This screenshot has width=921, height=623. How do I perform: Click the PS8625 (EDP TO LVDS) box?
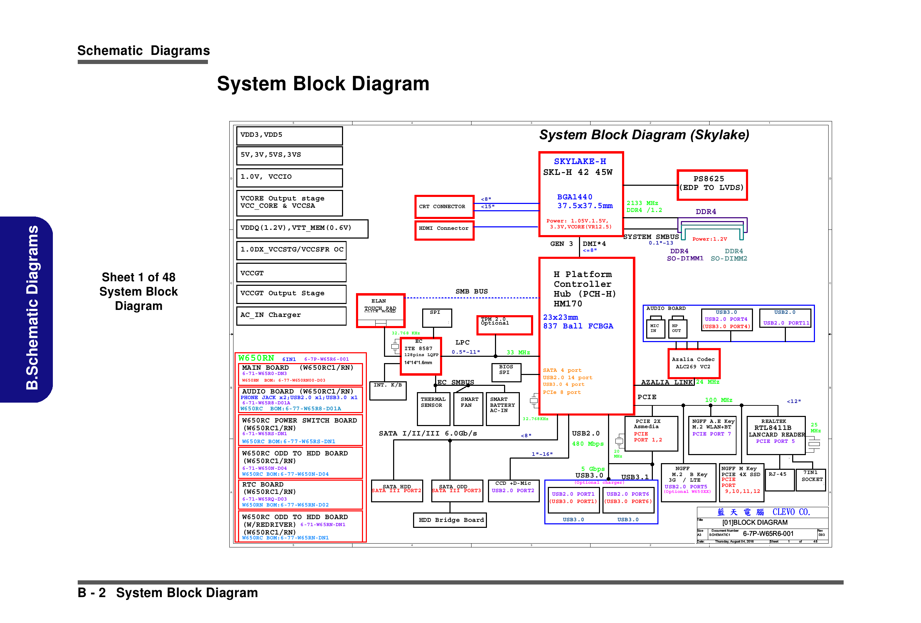point(712,185)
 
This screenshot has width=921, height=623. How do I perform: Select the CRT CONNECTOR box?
point(444,207)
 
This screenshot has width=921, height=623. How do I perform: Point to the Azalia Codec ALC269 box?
point(693,363)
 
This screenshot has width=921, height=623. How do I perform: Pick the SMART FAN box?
point(469,408)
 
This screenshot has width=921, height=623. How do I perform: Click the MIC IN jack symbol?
point(655,328)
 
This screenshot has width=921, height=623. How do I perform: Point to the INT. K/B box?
point(388,390)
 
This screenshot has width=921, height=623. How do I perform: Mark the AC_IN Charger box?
point(291,315)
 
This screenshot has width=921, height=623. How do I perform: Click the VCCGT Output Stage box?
point(291,293)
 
